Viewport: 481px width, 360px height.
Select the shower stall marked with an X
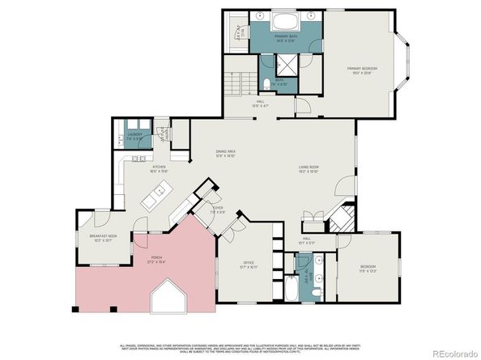click(x=288, y=66)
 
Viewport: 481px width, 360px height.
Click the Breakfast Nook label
click(x=103, y=238)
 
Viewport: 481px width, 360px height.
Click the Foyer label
click(x=217, y=210)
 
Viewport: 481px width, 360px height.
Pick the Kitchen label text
click(x=157, y=168)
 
